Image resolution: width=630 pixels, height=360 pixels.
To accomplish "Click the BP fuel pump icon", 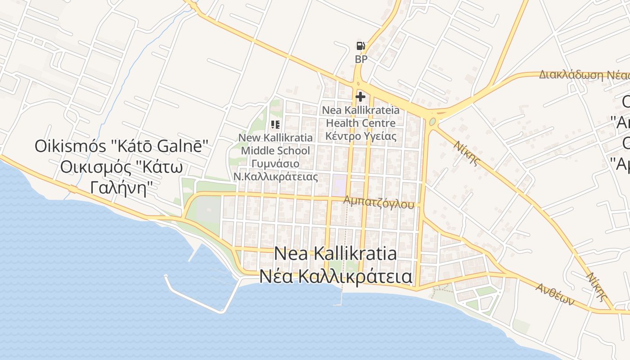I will tap(360, 45).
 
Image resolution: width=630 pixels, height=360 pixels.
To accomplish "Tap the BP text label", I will tap(361, 59).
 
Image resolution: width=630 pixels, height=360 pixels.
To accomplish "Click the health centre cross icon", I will tap(360, 96).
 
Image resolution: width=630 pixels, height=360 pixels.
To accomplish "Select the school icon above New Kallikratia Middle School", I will tap(275, 125).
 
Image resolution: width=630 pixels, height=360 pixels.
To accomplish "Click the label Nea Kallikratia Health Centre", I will tap(360, 116).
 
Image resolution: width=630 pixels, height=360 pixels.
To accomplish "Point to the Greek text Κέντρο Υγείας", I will tap(360, 136).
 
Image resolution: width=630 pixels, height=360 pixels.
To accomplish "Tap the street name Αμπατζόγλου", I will tap(378, 202).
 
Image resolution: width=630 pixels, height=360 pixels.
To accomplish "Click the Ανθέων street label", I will tap(555, 293).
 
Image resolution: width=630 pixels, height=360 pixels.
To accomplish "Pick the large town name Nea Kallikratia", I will tap(335, 254).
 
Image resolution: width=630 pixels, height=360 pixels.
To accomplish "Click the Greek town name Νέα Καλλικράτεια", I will tap(335, 276).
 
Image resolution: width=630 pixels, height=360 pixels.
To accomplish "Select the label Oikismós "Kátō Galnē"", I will tap(121, 146).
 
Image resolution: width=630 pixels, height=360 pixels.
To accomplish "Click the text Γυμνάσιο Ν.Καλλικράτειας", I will tap(275, 170).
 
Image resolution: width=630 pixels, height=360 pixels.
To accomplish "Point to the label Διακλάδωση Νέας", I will tap(584, 75).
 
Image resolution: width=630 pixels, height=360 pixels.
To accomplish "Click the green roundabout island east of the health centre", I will tap(432, 122).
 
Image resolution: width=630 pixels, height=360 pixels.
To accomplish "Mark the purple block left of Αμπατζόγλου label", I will tap(339, 185).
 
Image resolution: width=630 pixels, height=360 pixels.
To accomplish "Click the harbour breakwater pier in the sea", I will tap(193, 297).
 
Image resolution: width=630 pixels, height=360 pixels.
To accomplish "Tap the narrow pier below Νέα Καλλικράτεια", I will tap(342, 298).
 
